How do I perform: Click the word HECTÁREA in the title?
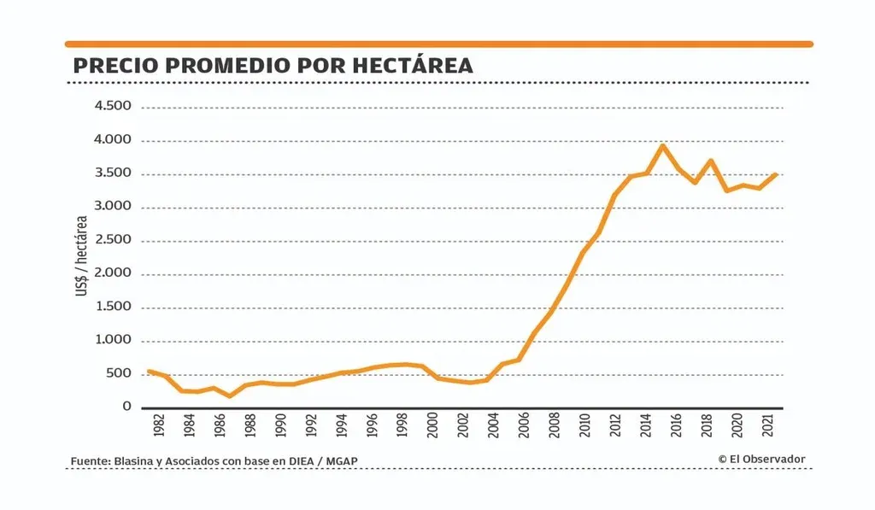pyautogui.click(x=409, y=66)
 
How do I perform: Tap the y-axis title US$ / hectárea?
pyautogui.click(x=82, y=257)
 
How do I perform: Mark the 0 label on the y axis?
pyautogui.click(x=126, y=407)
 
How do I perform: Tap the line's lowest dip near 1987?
pyautogui.click(x=230, y=396)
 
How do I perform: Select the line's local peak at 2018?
pyautogui.click(x=710, y=161)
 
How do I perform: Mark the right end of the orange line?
pyautogui.click(x=775, y=174)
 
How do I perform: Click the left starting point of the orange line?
pyautogui.click(x=149, y=371)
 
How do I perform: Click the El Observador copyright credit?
pyautogui.click(x=761, y=459)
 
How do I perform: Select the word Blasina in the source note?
pyautogui.click(x=133, y=462)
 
